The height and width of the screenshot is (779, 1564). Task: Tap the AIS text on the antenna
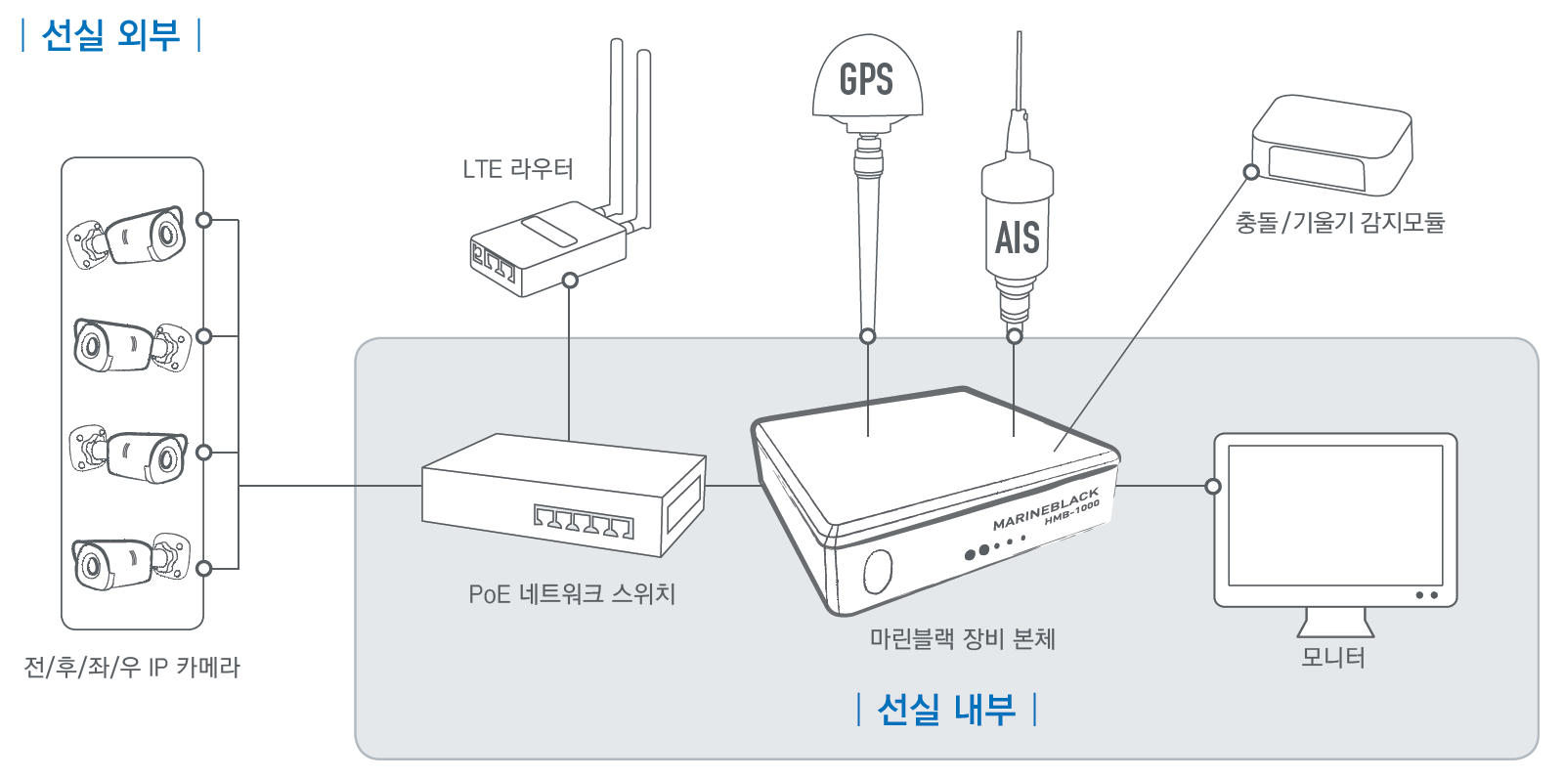pos(1017,238)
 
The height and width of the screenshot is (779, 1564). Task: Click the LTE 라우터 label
pos(517,169)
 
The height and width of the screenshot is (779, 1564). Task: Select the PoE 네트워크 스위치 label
pos(572,593)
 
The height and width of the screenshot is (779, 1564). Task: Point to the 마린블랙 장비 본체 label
pos(962,638)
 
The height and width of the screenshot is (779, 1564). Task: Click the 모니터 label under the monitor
pos(1332,657)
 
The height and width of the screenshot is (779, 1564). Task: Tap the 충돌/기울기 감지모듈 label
pos(1339,223)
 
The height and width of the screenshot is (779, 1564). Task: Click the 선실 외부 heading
pos(110,35)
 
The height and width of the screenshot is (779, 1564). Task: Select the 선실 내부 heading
pos(946,709)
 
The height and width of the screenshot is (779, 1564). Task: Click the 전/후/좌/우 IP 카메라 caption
pos(132,667)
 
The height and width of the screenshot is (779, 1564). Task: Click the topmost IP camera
pos(128,237)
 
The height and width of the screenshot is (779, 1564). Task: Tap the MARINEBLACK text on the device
pos(1045,509)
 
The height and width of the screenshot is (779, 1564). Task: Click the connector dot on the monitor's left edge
pos(1213,486)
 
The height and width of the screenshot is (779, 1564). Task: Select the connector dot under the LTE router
pos(570,281)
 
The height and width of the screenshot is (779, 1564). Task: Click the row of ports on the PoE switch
pos(583,522)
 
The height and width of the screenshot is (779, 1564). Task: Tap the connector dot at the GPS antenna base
pos(867,336)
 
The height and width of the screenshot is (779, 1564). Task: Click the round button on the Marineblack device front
pos(878,571)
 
